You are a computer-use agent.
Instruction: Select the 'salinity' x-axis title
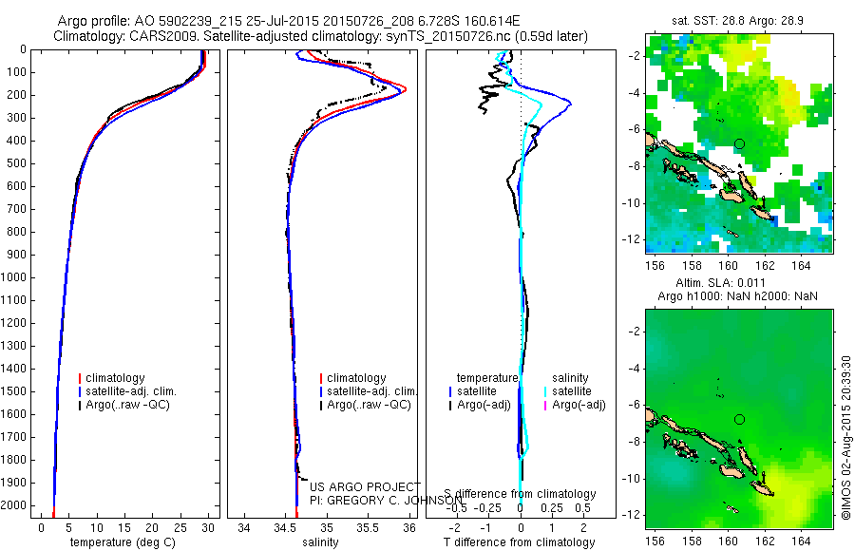coord(320,542)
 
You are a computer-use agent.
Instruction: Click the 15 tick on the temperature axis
coord(124,528)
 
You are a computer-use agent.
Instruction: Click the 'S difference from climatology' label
coord(521,494)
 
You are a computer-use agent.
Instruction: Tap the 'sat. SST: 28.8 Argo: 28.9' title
coord(739,19)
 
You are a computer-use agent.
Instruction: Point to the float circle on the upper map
coord(739,143)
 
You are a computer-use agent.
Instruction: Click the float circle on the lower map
coord(739,419)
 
